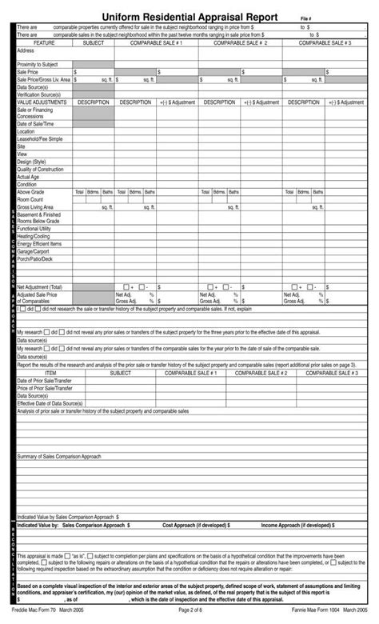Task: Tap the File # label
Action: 305,18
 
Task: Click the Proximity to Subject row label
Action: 38,63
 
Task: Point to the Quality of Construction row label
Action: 40,169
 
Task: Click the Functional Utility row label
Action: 35,229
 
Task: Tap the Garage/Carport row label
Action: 34,251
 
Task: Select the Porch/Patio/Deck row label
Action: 35,258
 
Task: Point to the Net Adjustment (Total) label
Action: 39,286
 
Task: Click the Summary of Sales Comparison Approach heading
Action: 59,456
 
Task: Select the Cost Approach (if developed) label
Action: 197,526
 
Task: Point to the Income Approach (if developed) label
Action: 295,526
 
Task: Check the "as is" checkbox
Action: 69,554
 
